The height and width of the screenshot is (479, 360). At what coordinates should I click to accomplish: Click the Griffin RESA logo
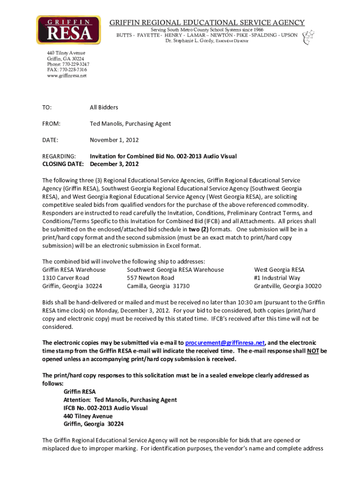tap(69, 29)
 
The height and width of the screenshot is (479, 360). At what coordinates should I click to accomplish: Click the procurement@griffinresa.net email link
tap(225, 342)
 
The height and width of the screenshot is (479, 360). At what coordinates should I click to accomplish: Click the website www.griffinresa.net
tap(67, 75)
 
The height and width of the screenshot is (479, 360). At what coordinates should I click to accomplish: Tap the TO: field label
tap(47, 108)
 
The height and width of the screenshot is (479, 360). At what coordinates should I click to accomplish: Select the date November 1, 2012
tap(114, 140)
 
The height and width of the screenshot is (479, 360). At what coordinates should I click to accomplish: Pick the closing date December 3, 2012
tap(114, 164)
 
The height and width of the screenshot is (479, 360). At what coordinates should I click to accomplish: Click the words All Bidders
tap(104, 108)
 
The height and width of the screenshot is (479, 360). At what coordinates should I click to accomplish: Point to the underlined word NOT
tap(313, 351)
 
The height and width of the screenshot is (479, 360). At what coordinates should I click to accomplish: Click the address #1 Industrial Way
tap(277, 278)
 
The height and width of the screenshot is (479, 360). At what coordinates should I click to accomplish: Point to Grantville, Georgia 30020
tap(288, 286)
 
